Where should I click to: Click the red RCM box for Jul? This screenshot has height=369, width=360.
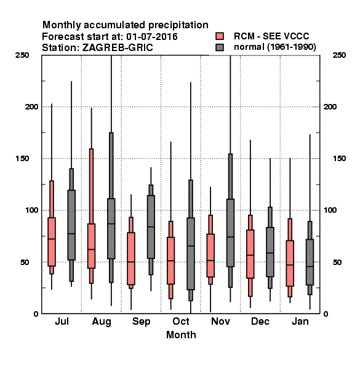pyautogui.click(x=52, y=242)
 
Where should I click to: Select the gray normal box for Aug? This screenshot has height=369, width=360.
pyautogui.click(x=111, y=229)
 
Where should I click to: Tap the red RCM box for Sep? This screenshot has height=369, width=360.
pyautogui.click(x=131, y=259)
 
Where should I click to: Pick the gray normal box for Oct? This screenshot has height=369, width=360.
pyautogui.click(x=191, y=253)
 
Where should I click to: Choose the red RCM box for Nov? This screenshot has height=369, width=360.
pyautogui.click(x=210, y=255)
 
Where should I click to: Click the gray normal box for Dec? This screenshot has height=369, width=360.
pyautogui.click(x=270, y=252)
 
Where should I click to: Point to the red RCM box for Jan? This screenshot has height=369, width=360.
pyautogui.click(x=290, y=263)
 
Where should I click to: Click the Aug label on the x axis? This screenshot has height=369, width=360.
pyautogui.click(x=102, y=322)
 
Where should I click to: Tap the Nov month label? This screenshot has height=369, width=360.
pyautogui.click(x=220, y=321)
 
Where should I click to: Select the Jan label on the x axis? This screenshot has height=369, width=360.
pyautogui.click(x=300, y=321)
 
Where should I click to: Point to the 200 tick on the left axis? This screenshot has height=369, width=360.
pyautogui.click(x=31, y=106)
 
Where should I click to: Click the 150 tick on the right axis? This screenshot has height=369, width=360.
pyautogui.click(x=339, y=159)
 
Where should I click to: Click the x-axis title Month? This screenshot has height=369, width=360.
pyautogui.click(x=181, y=335)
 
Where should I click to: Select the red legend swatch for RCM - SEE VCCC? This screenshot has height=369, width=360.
pyautogui.click(x=220, y=36)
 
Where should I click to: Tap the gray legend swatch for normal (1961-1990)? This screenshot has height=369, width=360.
pyautogui.click(x=220, y=47)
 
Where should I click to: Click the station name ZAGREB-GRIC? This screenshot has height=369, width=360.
pyautogui.click(x=118, y=48)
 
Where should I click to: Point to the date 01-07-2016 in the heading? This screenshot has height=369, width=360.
pyautogui.click(x=152, y=37)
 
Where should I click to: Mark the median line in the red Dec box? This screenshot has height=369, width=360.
pyautogui.click(x=250, y=255)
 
